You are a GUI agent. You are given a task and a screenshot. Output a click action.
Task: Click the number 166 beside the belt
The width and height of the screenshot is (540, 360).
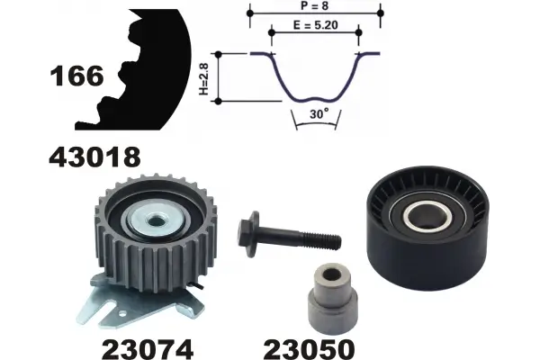click(76, 76)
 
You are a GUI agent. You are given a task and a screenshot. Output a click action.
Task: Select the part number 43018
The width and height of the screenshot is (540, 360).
click(94, 157)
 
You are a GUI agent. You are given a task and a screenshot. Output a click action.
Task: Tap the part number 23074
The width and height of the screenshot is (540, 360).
click(148, 349)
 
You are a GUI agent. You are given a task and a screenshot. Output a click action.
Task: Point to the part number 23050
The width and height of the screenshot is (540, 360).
click(309, 349)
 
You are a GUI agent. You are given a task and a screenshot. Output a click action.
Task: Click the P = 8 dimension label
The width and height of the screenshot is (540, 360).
click(315, 6)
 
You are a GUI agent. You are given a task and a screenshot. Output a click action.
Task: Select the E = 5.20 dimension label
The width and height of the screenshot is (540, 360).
click(316, 25)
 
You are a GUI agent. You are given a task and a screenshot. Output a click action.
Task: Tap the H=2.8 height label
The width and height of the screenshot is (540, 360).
click(204, 79)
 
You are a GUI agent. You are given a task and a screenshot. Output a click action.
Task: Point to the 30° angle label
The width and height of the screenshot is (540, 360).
click(319, 113)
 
